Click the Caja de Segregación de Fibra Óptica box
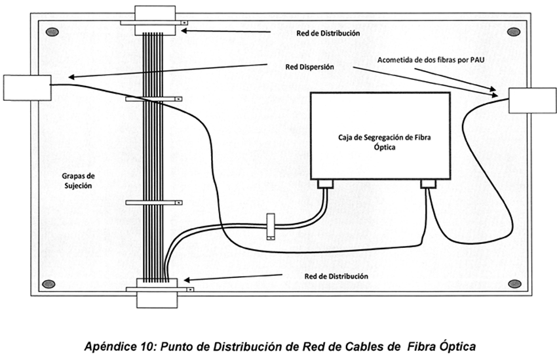tap(379, 136)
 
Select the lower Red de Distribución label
tap(336, 276)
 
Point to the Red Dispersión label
tap(310, 66)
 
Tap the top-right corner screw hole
tap(514, 32)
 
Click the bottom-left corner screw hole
tap(48, 284)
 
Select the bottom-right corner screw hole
tap(514, 284)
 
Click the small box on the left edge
tap(27, 88)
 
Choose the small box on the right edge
tap(533, 100)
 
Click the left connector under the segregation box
tap(326, 184)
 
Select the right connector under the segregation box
tap(429, 184)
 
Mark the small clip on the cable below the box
tap(270, 226)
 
